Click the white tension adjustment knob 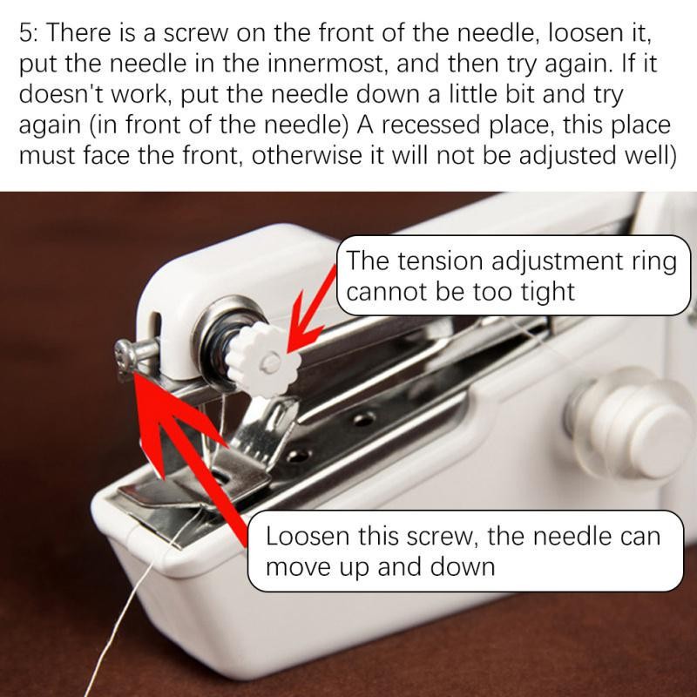[263, 360]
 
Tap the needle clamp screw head [125, 355]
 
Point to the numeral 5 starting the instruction [25, 33]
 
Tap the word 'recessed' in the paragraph [430, 125]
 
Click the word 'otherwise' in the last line [307, 155]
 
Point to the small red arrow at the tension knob [312, 310]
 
